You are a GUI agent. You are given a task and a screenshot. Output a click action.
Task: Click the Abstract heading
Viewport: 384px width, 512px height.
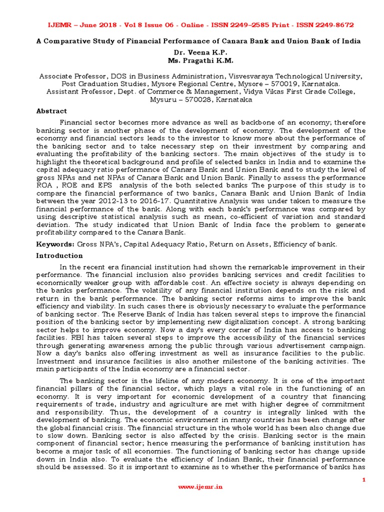tap(51, 111)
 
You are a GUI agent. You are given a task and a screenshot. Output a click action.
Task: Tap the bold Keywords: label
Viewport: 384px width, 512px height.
tap(55, 244)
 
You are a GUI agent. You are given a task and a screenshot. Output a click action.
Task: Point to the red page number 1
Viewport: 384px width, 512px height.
tap(364, 479)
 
